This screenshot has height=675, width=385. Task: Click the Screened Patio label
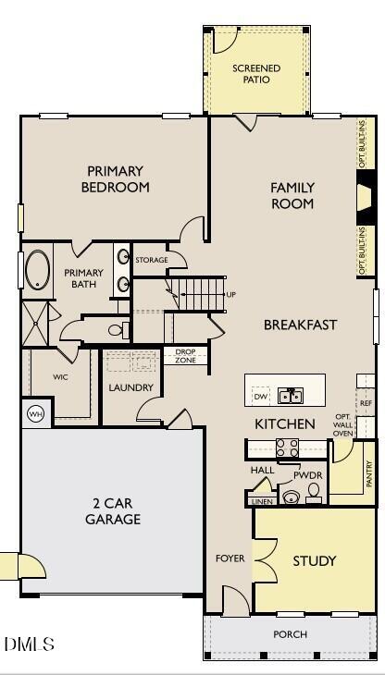coord(256,74)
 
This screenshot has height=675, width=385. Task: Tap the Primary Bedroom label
coord(116,178)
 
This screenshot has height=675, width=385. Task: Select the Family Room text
coord(292,195)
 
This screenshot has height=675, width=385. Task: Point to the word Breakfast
coord(300,325)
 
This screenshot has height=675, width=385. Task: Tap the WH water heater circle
coord(36,413)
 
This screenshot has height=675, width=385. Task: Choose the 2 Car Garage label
coord(113,511)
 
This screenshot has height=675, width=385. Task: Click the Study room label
coord(315,560)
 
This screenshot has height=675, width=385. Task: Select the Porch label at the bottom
coord(290,634)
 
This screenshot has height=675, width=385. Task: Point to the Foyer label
coord(230,558)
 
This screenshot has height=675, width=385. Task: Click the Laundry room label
coord(130,387)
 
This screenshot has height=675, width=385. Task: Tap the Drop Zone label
coord(185,356)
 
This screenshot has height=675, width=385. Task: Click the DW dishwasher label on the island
coord(260,397)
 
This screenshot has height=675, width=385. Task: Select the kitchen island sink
coord(291,396)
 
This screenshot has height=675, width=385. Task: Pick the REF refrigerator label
coord(366,404)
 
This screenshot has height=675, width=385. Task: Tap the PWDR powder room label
coord(307,474)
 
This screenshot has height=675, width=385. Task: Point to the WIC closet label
coord(60,377)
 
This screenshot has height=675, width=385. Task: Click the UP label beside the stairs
coord(231,295)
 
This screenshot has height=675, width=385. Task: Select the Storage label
coord(152,260)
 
